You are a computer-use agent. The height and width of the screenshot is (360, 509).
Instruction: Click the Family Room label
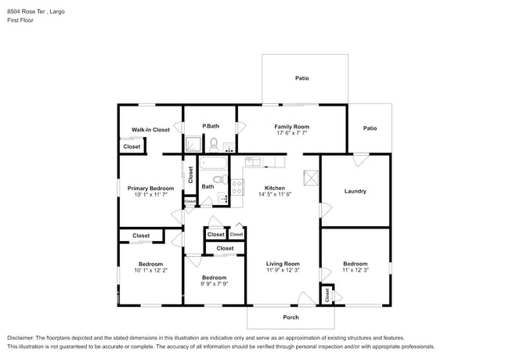pos(291,126)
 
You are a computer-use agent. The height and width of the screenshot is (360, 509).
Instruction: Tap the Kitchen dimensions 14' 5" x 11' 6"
pos(274,195)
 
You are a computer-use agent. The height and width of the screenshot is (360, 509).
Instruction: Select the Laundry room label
pos(355,191)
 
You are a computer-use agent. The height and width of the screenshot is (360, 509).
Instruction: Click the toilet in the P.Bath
pos(213,143)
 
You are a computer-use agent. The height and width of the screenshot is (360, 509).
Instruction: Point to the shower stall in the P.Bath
pos(192,143)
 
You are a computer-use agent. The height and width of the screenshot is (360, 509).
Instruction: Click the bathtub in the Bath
pos(212,164)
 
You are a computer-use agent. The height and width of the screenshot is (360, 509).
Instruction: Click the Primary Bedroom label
pos(150,189)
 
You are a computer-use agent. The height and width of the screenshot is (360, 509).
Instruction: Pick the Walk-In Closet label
pos(150,130)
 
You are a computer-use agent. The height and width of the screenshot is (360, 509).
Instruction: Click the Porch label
pos(291,317)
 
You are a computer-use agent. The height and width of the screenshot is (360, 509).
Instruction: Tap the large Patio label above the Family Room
pos(301,78)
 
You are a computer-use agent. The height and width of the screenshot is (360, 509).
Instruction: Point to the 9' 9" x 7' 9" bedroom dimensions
pos(214,285)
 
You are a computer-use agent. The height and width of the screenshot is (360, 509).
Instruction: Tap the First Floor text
pos(21,20)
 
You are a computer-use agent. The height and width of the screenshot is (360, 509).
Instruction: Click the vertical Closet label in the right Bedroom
pos(327,295)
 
